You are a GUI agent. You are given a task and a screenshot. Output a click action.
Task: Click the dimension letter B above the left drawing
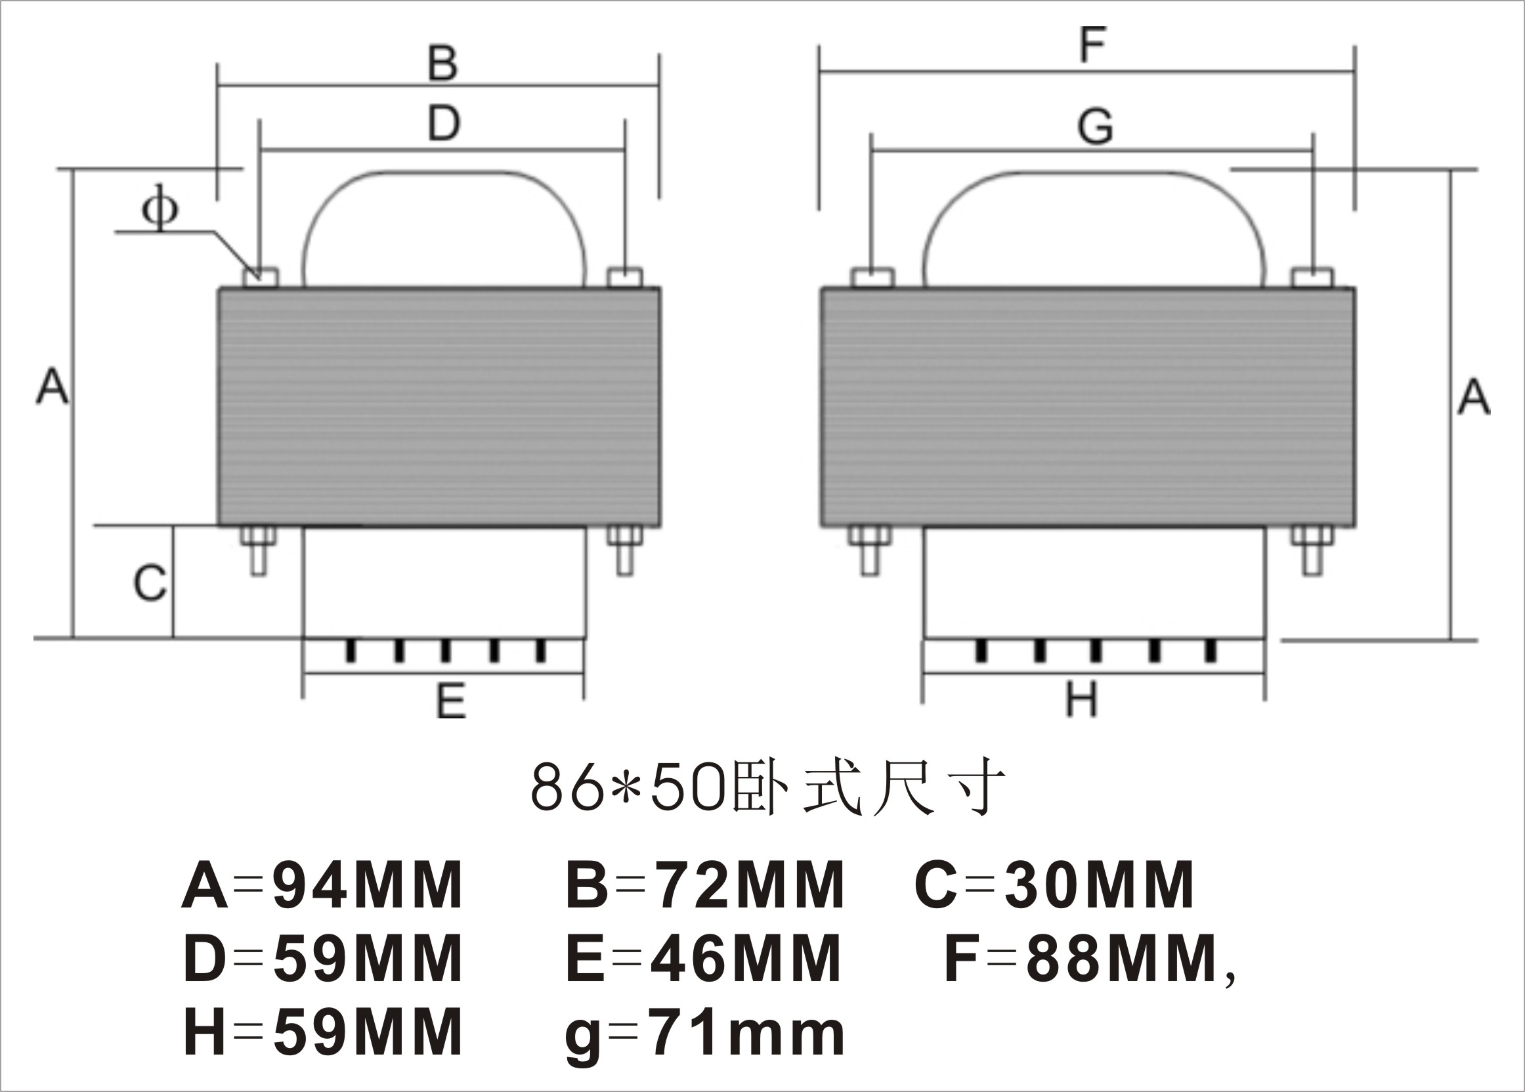[442, 64]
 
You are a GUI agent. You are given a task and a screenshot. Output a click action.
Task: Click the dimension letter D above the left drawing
[444, 123]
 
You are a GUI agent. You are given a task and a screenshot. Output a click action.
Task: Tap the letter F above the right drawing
[1092, 46]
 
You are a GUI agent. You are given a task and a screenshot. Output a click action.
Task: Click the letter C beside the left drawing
[149, 582]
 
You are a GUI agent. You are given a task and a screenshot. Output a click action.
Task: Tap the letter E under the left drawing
[450, 701]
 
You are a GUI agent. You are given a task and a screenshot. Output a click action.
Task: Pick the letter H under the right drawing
[1081, 699]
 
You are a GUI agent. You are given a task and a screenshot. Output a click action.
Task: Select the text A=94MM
[321, 885]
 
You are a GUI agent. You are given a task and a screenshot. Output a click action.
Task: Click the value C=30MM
[1053, 885]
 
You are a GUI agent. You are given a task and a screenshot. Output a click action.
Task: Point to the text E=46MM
[703, 959]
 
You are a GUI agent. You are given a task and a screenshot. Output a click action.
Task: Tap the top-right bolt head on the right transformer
[1312, 277]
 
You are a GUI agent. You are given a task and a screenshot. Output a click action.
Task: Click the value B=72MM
[704, 885]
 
